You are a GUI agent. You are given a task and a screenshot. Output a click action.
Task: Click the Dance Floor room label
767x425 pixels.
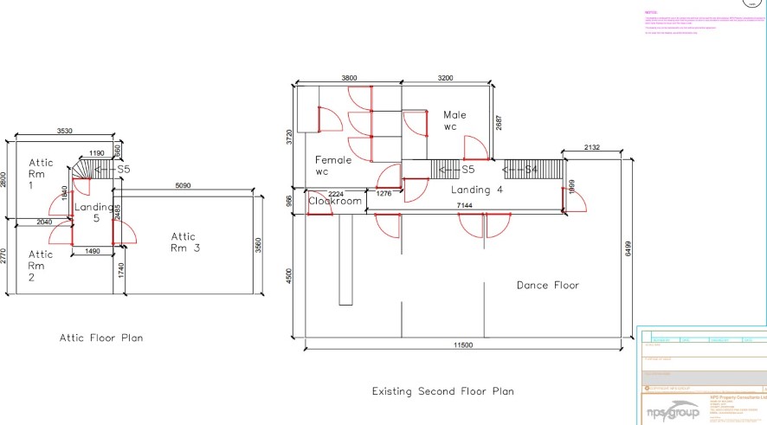tap(547, 285)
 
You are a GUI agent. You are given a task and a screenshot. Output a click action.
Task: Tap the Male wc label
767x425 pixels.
tap(454, 120)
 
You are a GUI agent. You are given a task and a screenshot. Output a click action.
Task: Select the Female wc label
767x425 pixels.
tap(332, 165)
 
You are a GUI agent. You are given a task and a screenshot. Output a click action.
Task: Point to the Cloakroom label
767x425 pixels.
tap(335, 201)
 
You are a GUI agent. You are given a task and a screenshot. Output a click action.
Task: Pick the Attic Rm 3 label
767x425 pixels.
tap(184, 242)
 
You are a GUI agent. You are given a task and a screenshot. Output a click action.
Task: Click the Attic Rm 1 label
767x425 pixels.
tap(42, 173)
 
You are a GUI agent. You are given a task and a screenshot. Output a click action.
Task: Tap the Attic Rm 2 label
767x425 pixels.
tap(41, 265)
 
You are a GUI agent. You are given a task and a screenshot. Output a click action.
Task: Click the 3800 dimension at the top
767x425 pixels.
tap(349, 79)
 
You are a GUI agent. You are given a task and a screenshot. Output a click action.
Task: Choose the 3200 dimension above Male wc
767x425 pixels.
tap(445, 79)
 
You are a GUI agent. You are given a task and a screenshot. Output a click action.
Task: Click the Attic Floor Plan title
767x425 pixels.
tap(101, 338)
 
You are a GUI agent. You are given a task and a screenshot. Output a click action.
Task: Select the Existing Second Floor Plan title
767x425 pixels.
tap(442, 391)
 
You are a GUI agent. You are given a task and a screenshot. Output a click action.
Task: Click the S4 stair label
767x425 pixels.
tap(529, 168)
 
